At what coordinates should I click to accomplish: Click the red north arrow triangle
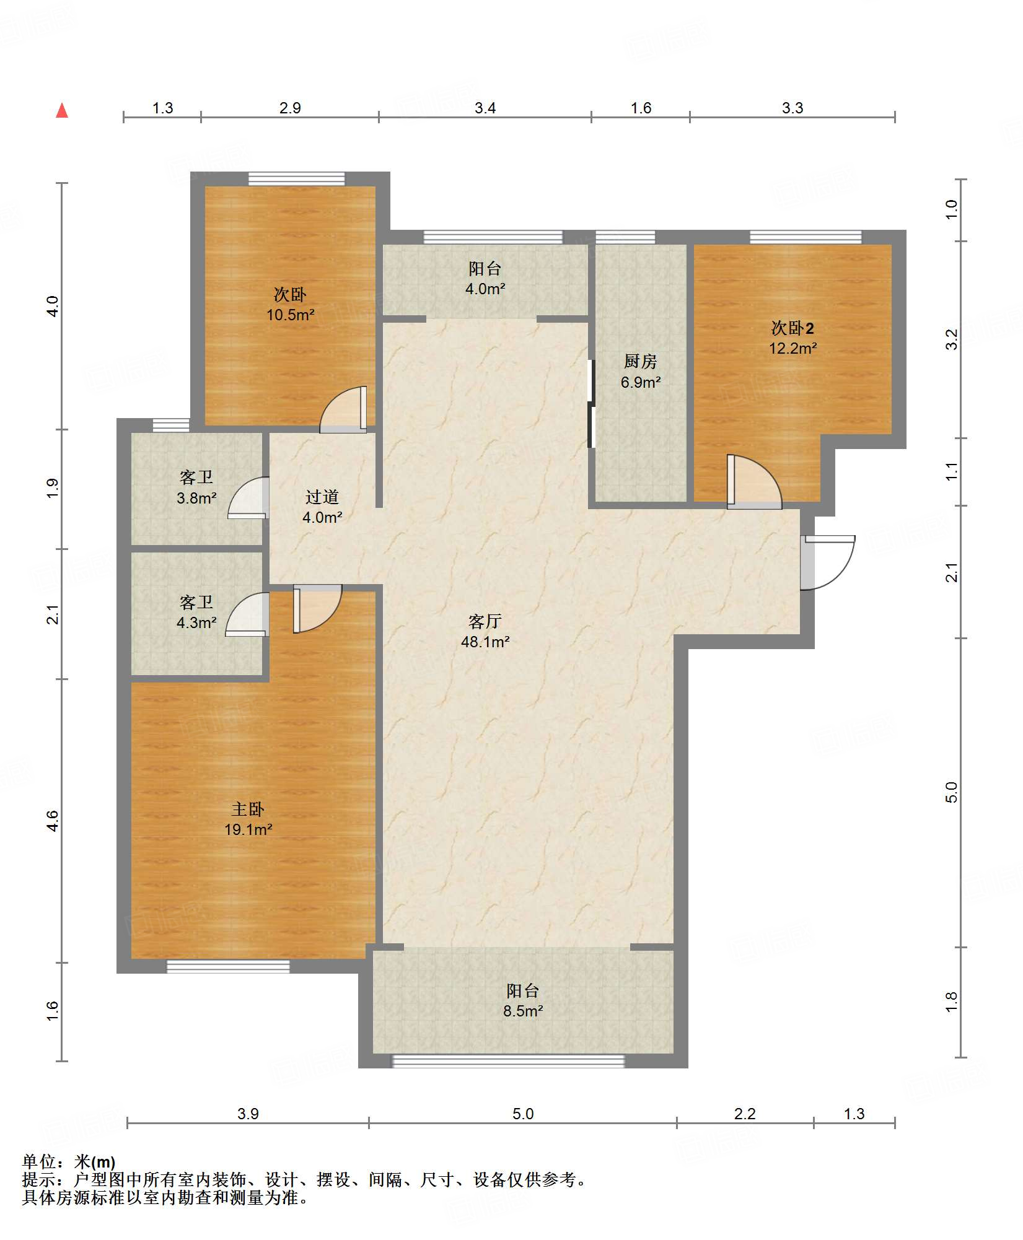click(x=62, y=110)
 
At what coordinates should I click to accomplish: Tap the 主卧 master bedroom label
click(x=248, y=809)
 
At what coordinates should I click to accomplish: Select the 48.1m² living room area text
click(x=485, y=642)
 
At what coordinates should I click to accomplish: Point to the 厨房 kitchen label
click(x=640, y=361)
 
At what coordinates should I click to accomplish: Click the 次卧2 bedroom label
click(x=792, y=328)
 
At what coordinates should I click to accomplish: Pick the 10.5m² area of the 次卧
click(x=291, y=315)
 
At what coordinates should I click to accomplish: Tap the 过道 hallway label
click(x=322, y=497)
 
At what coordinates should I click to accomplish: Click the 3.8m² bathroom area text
click(x=196, y=498)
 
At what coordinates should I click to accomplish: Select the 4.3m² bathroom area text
click(x=196, y=622)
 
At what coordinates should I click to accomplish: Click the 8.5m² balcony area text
click(x=523, y=1011)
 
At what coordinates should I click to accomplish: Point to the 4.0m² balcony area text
click(x=485, y=289)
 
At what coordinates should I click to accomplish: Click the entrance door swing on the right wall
click(x=828, y=562)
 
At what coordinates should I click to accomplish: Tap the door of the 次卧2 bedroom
click(x=754, y=482)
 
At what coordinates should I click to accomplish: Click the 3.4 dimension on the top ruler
click(x=485, y=108)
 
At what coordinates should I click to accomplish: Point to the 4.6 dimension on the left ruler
click(x=53, y=821)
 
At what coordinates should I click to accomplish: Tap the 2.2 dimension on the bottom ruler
click(x=745, y=1114)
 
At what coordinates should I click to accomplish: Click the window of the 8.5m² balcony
click(x=508, y=1061)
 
